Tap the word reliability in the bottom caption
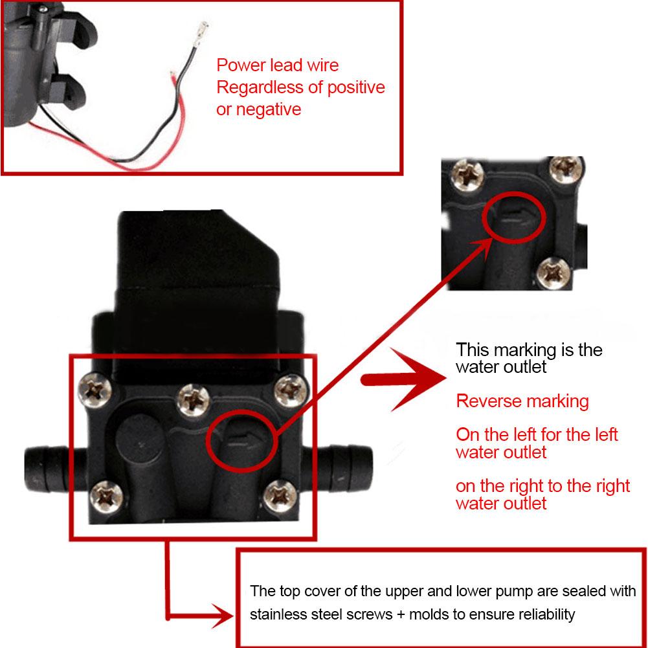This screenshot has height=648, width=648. tap(542, 614)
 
